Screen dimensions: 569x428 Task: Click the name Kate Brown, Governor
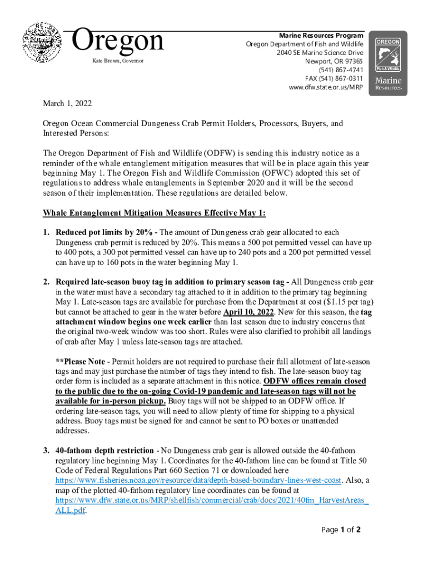113,60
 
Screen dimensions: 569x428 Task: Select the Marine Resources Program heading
321,36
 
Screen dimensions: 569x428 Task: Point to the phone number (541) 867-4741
341,70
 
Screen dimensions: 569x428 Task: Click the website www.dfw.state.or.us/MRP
322,87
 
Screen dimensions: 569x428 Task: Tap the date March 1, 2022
67,104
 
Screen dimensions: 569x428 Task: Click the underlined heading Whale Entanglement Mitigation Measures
154,213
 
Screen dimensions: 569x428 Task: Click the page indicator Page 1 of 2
341,530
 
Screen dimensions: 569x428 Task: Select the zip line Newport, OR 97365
334,61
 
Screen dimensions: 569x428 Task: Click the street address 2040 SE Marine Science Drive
319,53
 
